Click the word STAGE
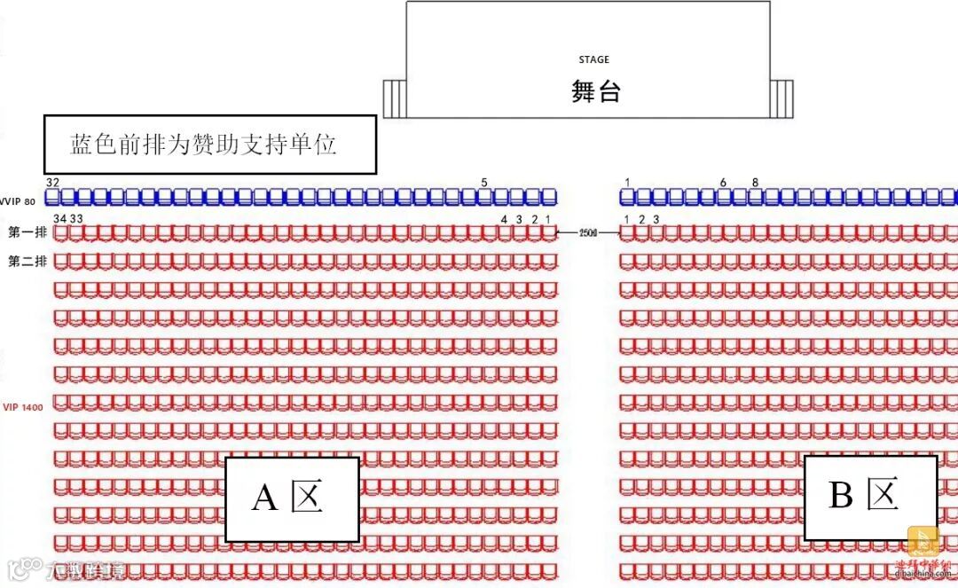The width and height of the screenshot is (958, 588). (593, 59)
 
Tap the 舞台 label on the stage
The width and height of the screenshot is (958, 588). (595, 90)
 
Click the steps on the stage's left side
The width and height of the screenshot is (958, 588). (394, 97)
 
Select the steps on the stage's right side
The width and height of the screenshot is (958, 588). (781, 97)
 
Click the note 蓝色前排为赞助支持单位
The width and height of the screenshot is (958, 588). (204, 145)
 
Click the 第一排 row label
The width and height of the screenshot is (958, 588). (27, 233)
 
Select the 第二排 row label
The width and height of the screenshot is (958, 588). (27, 262)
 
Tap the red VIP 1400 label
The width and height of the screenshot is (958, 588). (22, 406)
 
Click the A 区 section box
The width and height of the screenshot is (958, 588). (291, 498)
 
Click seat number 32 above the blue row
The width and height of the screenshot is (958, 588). (53, 182)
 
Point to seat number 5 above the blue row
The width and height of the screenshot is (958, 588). (484, 183)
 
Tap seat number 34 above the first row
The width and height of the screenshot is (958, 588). (60, 218)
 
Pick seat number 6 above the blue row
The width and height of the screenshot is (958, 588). (723, 183)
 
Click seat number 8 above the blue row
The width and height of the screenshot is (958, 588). (755, 183)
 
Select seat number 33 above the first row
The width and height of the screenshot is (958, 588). (77, 218)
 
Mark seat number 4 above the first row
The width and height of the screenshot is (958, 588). (504, 218)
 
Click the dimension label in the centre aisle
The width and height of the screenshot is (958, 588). (587, 233)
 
